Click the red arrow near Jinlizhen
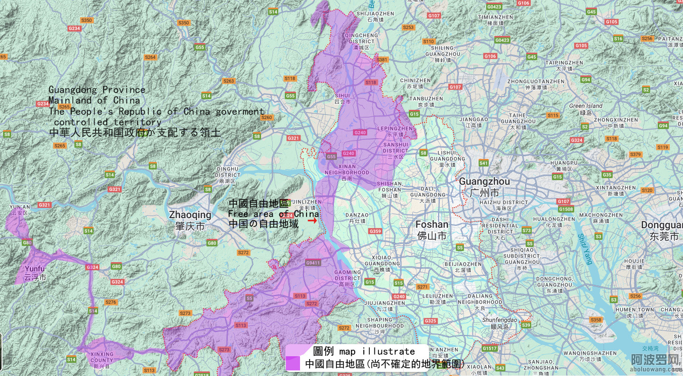pos(312,221)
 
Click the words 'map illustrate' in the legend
pos(377,351)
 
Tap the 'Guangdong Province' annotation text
pos(97,90)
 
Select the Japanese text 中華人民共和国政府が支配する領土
pos(135,133)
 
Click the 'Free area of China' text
pos(273,214)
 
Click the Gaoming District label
pos(347,275)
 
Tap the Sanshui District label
pos(395,147)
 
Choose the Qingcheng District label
pos(361,38)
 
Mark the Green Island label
pos(586,106)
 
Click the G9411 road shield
pos(313,263)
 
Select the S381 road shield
pos(382,60)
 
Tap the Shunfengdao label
pos(499,320)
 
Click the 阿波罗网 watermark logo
pos(655,360)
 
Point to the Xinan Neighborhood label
pos(347,169)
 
